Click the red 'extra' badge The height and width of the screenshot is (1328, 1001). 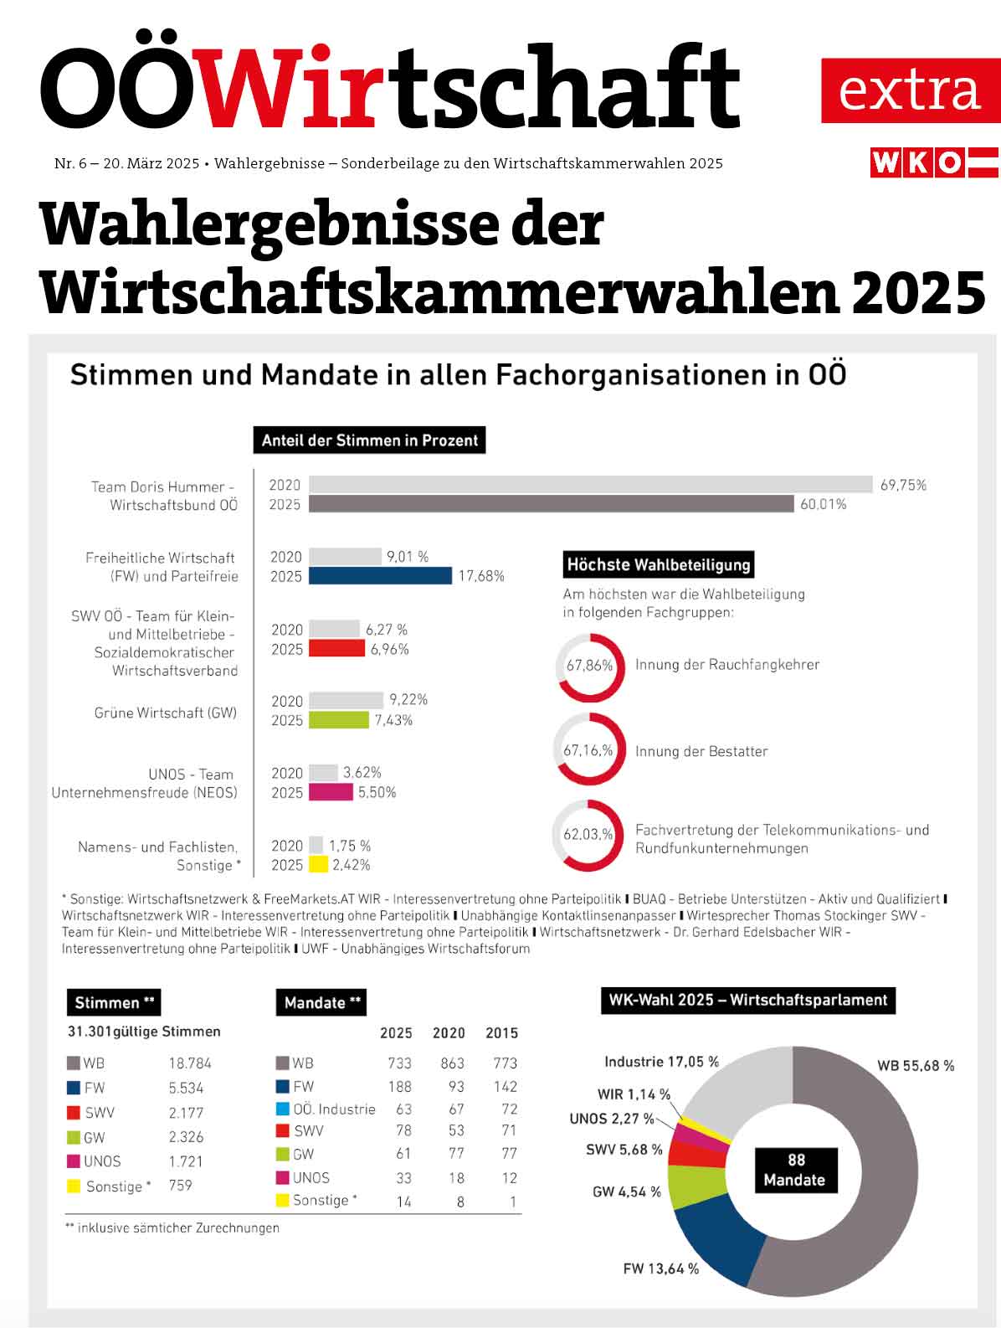click(x=909, y=90)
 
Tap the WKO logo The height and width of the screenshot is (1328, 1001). click(x=934, y=162)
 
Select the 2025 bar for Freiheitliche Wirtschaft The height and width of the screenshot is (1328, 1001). click(x=380, y=576)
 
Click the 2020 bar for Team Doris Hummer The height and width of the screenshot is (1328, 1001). click(x=590, y=485)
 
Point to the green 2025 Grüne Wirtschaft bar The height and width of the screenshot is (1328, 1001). click(x=338, y=720)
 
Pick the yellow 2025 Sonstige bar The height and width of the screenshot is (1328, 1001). click(x=318, y=865)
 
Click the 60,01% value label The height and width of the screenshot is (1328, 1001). click(x=824, y=504)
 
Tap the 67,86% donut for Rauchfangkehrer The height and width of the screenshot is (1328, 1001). click(x=590, y=667)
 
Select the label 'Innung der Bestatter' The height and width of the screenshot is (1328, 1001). click(x=701, y=751)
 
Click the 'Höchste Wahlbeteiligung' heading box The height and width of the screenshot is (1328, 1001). click(x=659, y=564)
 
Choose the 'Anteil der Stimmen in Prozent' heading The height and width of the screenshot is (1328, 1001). click(x=369, y=440)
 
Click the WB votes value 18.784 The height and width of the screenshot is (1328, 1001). click(x=190, y=1063)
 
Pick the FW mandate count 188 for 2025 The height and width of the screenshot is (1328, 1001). click(x=399, y=1087)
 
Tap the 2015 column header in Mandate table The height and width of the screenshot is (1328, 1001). click(x=501, y=1033)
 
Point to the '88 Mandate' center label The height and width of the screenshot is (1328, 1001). click(x=795, y=1170)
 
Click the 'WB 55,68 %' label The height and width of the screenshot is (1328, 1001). click(x=915, y=1066)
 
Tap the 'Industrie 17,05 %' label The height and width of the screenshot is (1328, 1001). click(x=661, y=1062)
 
